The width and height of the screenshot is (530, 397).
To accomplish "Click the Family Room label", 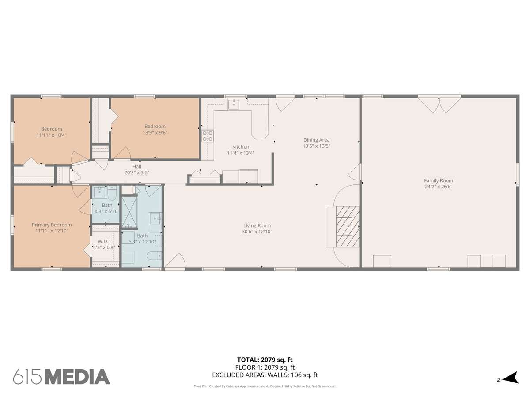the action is (438, 180).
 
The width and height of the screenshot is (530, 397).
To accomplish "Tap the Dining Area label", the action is (316, 140).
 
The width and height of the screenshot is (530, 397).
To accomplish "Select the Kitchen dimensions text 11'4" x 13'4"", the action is (241, 153).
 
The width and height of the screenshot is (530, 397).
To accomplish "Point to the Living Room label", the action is (257, 225).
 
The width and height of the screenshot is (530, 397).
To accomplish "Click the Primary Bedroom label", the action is (52, 225).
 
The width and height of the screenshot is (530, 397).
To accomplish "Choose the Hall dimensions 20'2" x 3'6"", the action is (136, 172).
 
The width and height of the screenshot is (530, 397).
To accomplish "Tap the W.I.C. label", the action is (104, 241).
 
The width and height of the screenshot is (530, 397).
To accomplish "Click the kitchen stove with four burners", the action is (208, 136).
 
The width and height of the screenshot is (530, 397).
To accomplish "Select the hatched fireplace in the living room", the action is (348, 226).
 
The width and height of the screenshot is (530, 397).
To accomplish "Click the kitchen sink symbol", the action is (234, 105).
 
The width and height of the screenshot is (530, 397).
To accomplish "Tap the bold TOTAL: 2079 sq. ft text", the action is (265, 360).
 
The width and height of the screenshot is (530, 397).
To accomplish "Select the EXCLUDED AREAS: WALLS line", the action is (265, 375).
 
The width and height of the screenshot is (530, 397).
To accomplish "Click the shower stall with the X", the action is (129, 212).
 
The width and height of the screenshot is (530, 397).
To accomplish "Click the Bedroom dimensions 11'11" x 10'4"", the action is (51, 135).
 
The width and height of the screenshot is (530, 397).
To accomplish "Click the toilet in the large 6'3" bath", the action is (154, 256).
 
